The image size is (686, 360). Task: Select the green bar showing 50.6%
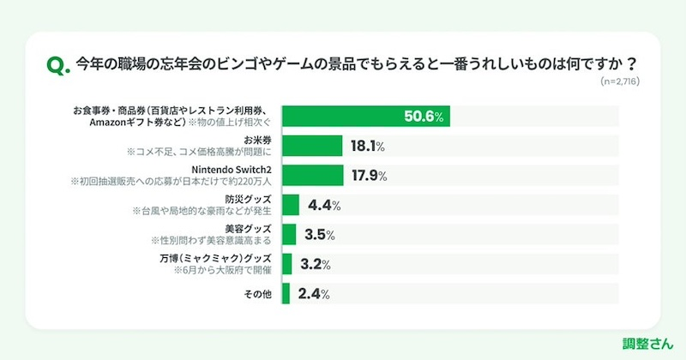click(x=365, y=117)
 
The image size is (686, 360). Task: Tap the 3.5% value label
click(x=319, y=234)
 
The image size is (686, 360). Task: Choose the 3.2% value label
click(x=317, y=263)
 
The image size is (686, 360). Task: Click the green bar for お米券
click(x=311, y=147)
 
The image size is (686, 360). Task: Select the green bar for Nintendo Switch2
click(x=311, y=176)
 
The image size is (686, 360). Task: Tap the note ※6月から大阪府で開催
click(x=222, y=270)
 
